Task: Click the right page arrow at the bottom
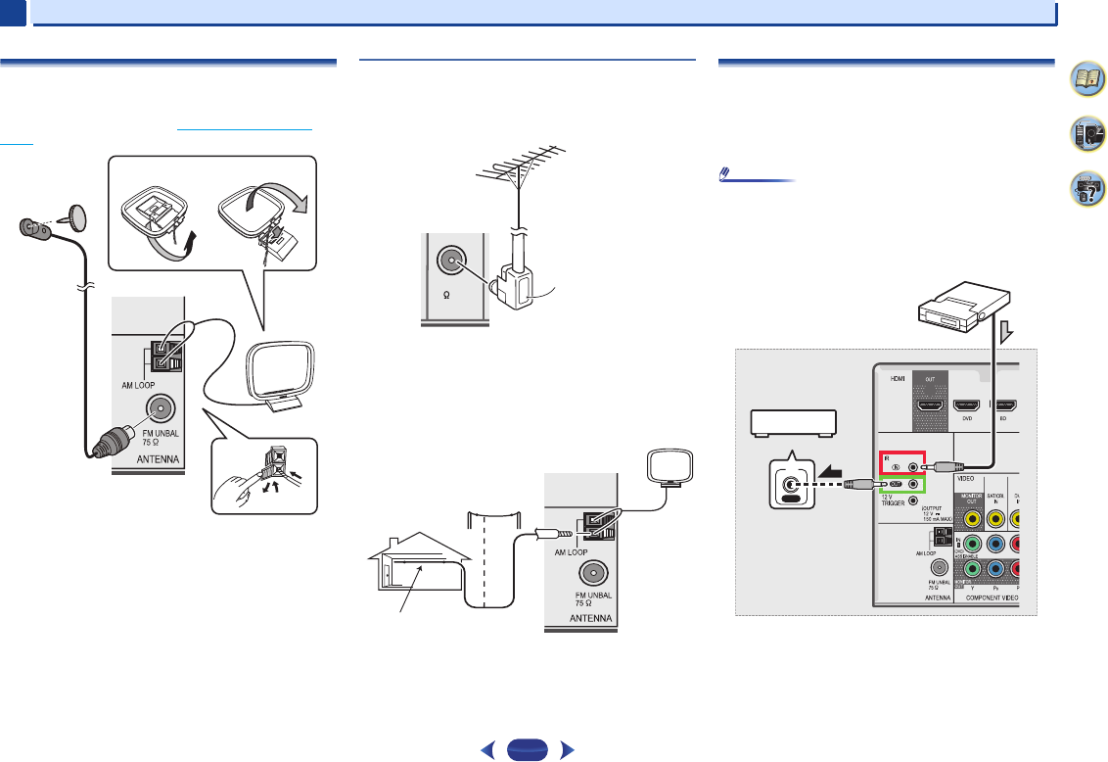[x=567, y=751]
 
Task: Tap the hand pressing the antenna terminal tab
[x=252, y=481]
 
